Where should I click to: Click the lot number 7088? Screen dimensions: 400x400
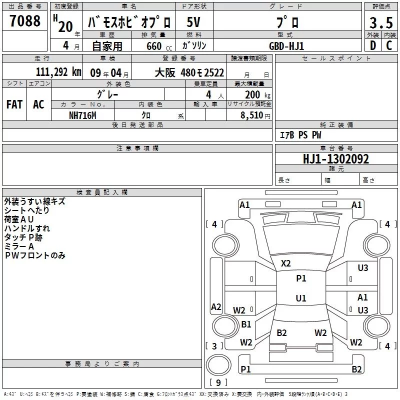click(25, 21)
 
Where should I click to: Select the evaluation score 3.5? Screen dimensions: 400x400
click(380, 23)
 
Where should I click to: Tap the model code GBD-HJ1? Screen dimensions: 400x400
click(286, 45)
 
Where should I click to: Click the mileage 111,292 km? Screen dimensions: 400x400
click(58, 72)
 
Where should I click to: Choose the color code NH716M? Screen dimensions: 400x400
click(82, 114)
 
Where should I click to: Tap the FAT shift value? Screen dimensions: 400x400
click(14, 104)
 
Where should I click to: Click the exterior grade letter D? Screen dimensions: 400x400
click(372, 45)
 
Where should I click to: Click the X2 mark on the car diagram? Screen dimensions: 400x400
click(286, 263)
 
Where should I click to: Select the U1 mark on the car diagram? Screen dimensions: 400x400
click(301, 298)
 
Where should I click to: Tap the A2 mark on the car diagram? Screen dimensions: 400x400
click(216, 307)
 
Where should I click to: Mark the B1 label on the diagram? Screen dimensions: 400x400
click(246, 324)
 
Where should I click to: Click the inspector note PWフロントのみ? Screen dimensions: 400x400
click(35, 255)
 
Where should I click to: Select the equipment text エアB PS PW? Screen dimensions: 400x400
click(300, 135)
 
